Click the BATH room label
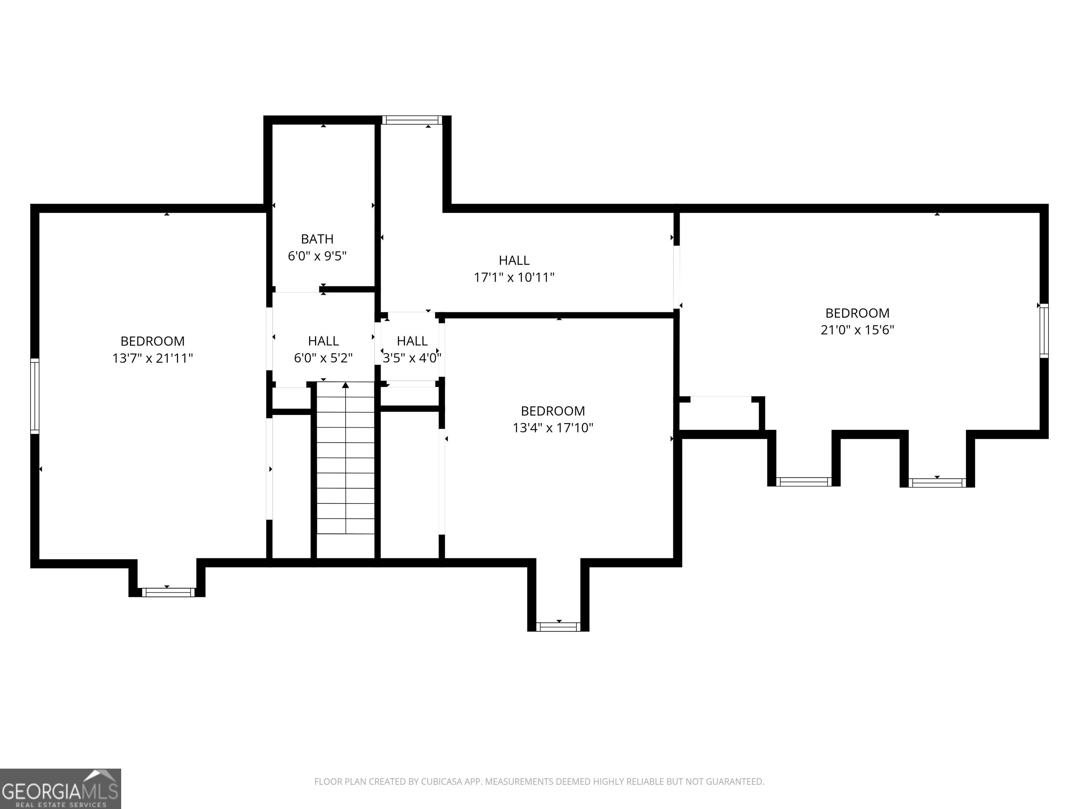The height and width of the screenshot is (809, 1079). pos(317,239)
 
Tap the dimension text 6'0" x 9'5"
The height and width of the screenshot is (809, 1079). pos(317,256)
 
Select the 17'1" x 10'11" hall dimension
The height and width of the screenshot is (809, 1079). pos(514,277)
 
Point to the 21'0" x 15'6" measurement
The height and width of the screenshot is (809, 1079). pos(857,330)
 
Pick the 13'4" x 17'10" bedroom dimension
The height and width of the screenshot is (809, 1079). pos(552,428)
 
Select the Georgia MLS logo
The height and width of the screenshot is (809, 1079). pos(60,789)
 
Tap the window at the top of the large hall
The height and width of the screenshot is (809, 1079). pos(412,120)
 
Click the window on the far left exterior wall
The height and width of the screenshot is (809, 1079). pos(35,396)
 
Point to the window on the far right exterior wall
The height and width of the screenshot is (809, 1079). pos(1044,331)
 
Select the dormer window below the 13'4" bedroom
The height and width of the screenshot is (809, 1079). pos(558,627)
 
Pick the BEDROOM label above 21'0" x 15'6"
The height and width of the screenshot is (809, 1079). pos(857,313)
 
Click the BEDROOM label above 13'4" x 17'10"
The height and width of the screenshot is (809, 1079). pos(552,411)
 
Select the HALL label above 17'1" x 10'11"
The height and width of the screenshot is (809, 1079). pos(514,261)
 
